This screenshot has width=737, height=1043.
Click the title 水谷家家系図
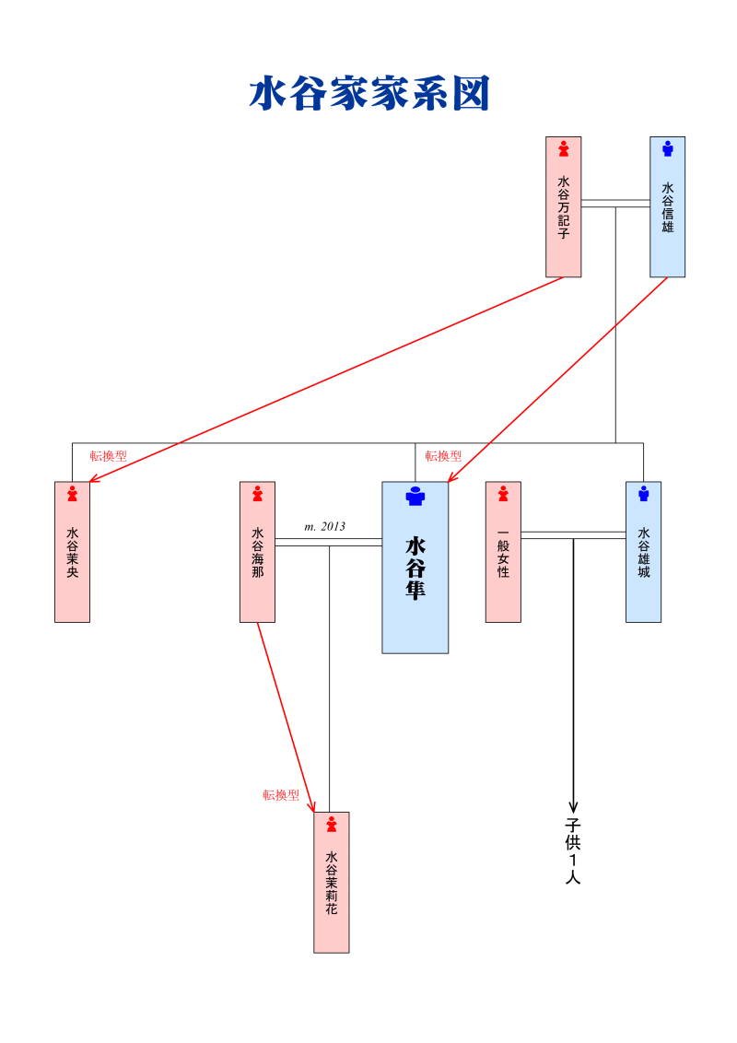coord(368,94)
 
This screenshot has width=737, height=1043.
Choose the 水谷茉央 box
coord(72,552)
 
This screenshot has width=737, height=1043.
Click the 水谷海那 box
coord(257,552)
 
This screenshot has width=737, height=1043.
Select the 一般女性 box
coord(503,552)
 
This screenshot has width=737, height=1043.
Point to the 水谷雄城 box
coord(643,552)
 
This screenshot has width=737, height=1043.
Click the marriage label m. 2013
coord(324,527)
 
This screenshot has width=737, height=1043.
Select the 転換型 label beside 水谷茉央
coord(108,456)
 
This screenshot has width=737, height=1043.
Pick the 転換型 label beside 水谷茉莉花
coord(281,795)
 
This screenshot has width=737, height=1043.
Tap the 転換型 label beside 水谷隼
coord(443,456)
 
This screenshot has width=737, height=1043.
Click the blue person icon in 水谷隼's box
coord(415,496)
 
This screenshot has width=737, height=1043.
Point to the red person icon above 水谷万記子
coord(563,147)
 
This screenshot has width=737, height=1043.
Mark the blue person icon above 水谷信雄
coord(667,147)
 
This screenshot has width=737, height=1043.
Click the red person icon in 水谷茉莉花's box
coord(332,824)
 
